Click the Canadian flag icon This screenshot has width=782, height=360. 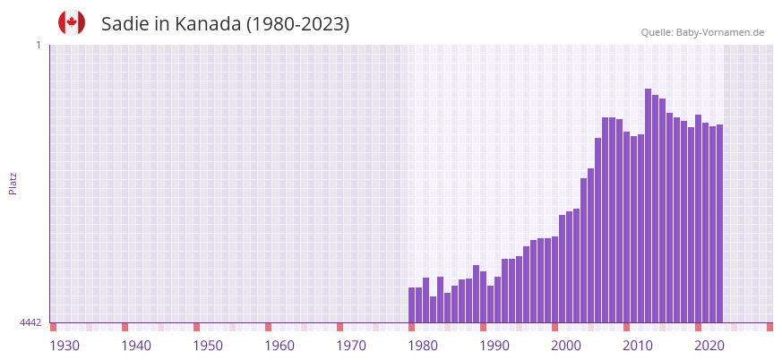(x=72, y=22)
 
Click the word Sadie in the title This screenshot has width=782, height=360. (x=125, y=24)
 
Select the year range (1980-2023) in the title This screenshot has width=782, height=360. (x=298, y=24)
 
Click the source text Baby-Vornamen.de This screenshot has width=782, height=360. (x=719, y=32)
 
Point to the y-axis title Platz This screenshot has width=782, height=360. (x=13, y=183)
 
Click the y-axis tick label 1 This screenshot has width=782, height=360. (x=39, y=45)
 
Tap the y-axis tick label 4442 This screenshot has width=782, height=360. (x=30, y=322)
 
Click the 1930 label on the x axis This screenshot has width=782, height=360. (x=64, y=346)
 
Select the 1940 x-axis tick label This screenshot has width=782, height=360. (x=136, y=346)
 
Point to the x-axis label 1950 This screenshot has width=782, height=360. (x=208, y=346)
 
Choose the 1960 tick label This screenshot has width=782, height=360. (x=279, y=346)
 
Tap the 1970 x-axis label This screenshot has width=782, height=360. (x=351, y=346)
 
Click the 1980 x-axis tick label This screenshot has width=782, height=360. (x=423, y=346)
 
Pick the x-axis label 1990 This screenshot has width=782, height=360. (x=494, y=346)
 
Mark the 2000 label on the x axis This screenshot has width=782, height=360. (x=566, y=346)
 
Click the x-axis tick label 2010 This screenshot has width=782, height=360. (x=638, y=346)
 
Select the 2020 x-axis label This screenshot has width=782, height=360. (x=709, y=346)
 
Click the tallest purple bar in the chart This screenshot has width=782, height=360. (x=648, y=206)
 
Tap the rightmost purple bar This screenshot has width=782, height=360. (x=719, y=224)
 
